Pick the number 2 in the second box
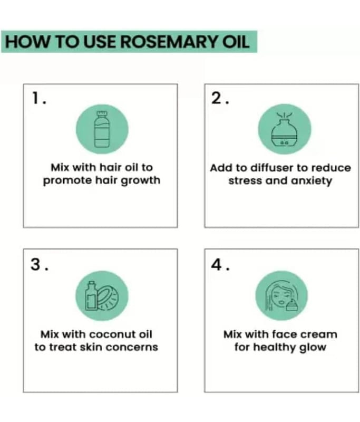(x=217, y=98)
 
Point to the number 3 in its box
(x=35, y=264)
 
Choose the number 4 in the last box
(x=217, y=264)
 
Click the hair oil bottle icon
(x=102, y=129)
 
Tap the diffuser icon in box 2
(x=285, y=129)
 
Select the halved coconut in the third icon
(x=108, y=298)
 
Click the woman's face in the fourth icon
(x=279, y=296)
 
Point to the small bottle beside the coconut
(x=91, y=295)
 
